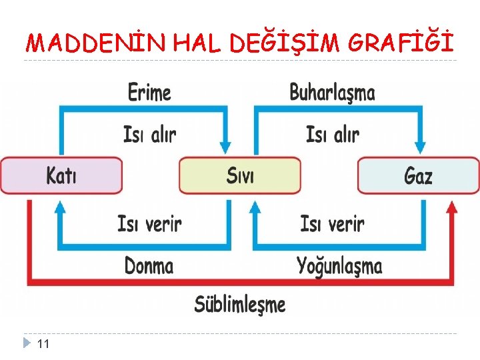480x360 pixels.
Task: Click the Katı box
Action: (61, 175)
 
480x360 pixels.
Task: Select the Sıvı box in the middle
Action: (240, 175)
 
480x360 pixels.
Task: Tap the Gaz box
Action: (418, 175)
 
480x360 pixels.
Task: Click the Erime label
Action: (149, 93)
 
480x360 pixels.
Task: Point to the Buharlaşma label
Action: (332, 93)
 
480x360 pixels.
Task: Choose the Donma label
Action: (149, 266)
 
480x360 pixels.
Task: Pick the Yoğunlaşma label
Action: (339, 267)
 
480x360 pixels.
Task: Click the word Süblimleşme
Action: (240, 304)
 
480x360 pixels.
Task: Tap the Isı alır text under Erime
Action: (150, 135)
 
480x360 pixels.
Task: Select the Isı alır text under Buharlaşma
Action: (333, 135)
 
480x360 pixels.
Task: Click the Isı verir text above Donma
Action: (149, 223)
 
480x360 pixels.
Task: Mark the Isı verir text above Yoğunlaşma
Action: (332, 223)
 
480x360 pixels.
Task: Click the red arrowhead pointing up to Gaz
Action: (451, 208)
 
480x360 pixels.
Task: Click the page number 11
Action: (43, 344)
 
